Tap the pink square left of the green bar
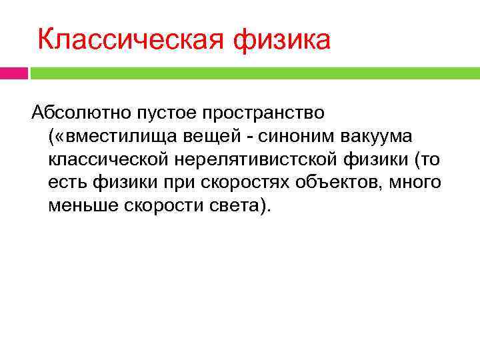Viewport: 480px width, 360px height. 14,72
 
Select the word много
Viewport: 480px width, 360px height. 416,182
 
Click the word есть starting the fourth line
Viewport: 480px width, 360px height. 65,182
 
